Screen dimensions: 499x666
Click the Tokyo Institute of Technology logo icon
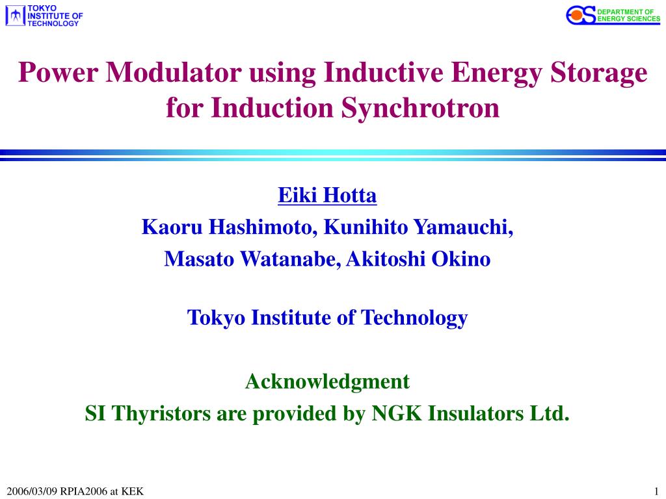(x=16, y=16)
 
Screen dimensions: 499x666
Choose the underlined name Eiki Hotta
(x=327, y=194)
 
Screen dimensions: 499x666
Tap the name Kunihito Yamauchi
(x=418, y=227)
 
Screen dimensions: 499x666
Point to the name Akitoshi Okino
(x=418, y=259)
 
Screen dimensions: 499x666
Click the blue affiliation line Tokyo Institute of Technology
(x=327, y=318)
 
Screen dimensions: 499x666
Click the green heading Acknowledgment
(x=327, y=381)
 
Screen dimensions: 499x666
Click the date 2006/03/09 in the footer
(x=32, y=491)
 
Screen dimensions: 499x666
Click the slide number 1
(x=657, y=491)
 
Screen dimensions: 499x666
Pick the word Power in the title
(x=59, y=72)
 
